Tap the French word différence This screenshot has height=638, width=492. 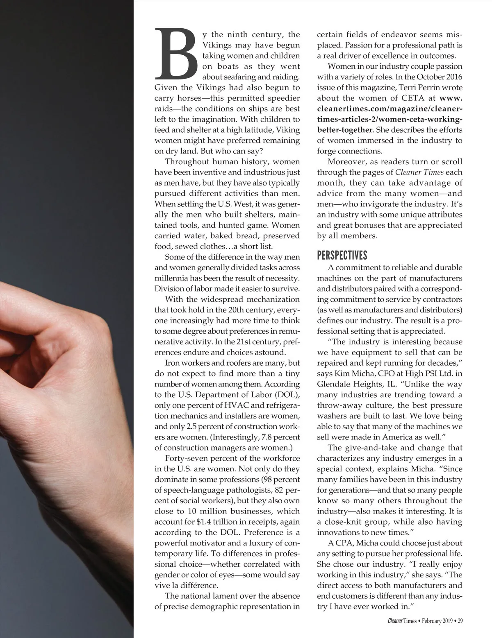pyautogui.click(x=197, y=586)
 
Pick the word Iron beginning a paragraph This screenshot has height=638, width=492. pyautogui.click(x=172, y=363)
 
